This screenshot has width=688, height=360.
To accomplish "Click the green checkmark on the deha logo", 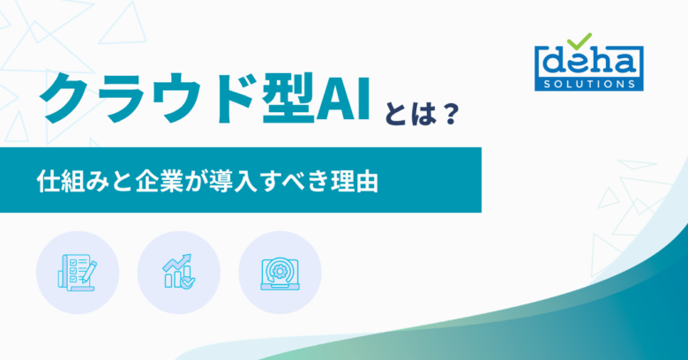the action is pos(580,41).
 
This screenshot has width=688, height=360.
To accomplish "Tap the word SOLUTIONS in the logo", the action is pos(589,84).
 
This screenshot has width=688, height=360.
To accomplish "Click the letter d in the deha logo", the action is pos(555,62).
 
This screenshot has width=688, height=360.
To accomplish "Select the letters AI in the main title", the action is pos(343,99).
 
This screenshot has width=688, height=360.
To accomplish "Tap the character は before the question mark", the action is pos(423,114).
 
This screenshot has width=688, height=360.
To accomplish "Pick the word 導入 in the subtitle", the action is pos(233,180).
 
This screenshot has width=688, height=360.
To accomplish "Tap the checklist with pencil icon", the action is pos(78,272).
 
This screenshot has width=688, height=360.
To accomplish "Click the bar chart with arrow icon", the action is pos(178,271).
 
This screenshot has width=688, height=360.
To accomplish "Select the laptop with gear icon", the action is pos(280,274).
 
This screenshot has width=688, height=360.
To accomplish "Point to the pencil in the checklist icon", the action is pos(88,271).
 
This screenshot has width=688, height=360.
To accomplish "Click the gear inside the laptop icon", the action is pos(280,271).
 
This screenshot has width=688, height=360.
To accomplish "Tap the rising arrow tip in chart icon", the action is pos(189,256).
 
